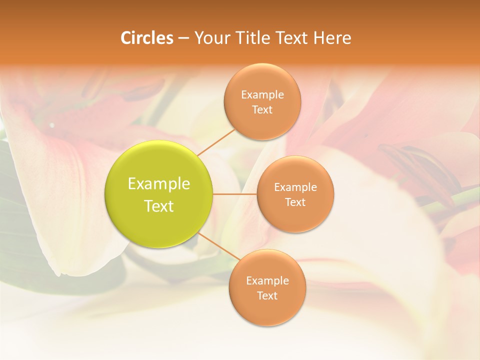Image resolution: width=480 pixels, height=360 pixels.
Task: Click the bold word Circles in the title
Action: click(147, 38)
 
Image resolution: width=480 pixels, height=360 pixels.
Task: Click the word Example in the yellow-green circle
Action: click(159, 184)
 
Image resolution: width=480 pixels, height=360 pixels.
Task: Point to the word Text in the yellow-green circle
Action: click(159, 206)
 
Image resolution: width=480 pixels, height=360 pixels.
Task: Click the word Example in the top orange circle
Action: click(262, 95)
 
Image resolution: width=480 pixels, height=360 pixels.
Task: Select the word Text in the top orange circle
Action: click(262, 110)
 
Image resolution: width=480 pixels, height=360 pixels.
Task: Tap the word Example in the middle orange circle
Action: click(295, 187)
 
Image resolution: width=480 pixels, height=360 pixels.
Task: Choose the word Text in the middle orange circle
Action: click(295, 202)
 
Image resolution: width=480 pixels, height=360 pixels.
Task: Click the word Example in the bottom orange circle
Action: click(267, 281)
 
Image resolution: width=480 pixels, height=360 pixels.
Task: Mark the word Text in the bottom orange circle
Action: click(267, 296)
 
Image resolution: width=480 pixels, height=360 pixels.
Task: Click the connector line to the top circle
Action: click(216, 142)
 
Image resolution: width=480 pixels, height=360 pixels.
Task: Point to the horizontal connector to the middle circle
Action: click(235, 193)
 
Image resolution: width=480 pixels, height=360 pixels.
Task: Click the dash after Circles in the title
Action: click(183, 38)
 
